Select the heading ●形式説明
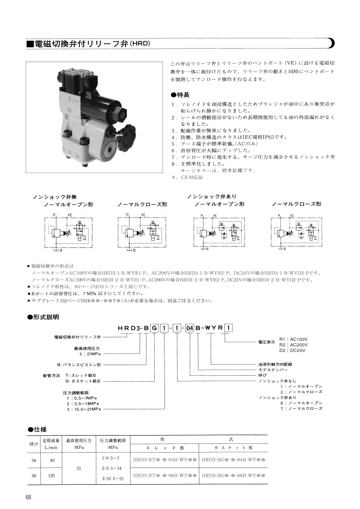click(43, 317)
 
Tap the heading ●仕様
click(37, 429)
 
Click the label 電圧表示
click(267, 343)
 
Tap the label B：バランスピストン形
click(78, 364)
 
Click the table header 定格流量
click(51, 440)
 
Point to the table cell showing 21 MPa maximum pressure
click(79, 468)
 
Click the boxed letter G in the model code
click(155, 328)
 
